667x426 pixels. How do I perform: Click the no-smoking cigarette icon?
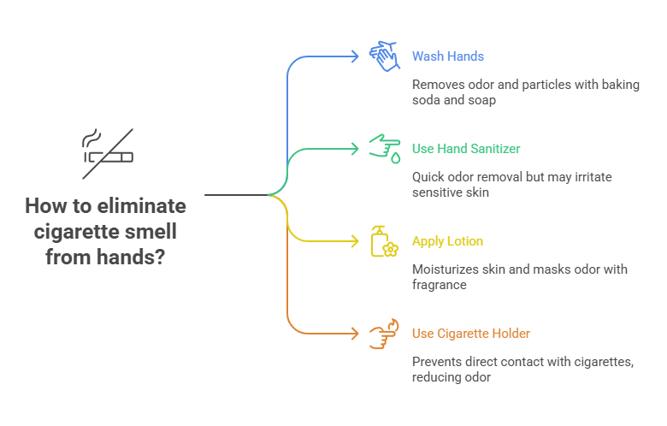tap(108, 153)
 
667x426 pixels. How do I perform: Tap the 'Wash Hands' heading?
tap(447, 56)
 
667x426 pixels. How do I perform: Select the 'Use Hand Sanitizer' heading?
tap(465, 149)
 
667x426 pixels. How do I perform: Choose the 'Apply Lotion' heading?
tap(447, 241)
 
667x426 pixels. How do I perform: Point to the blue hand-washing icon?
tap(384, 56)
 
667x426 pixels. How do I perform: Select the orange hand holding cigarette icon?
tap(384, 334)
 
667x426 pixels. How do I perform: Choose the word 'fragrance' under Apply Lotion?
tap(439, 284)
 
